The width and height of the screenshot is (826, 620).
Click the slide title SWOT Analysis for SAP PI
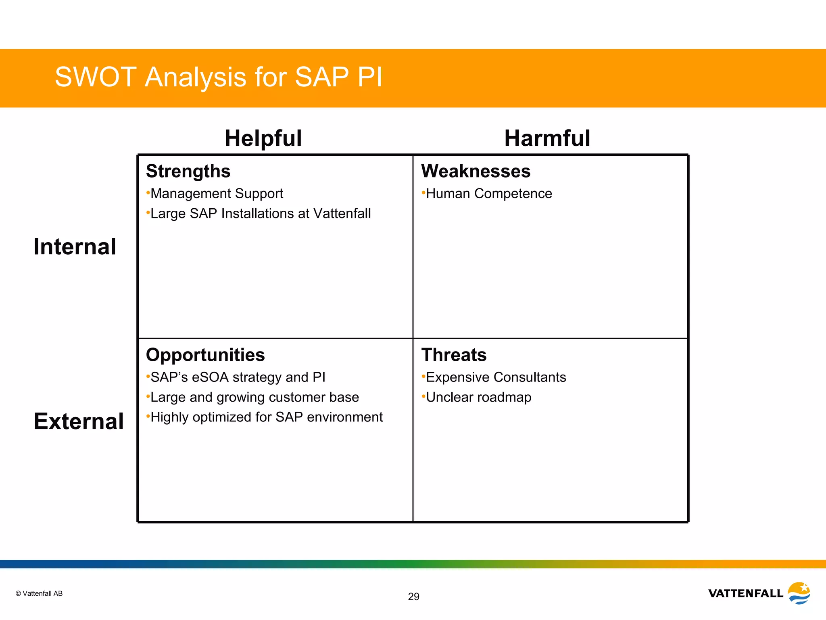[x=218, y=77]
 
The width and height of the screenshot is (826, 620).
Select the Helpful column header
[x=263, y=138]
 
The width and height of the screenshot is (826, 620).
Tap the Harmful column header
[x=547, y=138]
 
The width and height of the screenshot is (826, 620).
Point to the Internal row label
[x=75, y=247]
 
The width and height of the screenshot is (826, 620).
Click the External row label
[x=79, y=421]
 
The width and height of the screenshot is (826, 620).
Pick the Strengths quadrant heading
[x=188, y=171]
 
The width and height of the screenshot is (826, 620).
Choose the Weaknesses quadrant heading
[x=476, y=171]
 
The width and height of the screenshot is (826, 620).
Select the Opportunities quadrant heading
[x=205, y=355]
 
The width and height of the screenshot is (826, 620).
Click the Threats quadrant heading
[x=454, y=355]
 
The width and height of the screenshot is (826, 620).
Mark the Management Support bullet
[x=217, y=194]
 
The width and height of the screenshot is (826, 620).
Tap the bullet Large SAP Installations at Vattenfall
[x=260, y=214]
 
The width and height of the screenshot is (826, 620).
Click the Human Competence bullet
[x=488, y=194]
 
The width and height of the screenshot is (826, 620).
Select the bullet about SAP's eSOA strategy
[x=238, y=377]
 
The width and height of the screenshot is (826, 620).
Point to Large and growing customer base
[x=254, y=397]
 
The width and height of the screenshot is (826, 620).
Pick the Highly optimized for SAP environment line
[x=266, y=417]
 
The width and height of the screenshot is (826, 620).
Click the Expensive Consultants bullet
[x=496, y=377]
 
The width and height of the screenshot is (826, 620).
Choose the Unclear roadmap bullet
[x=478, y=397]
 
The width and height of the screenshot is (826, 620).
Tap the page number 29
[x=413, y=597]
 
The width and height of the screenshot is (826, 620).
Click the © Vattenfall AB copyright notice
[x=39, y=593]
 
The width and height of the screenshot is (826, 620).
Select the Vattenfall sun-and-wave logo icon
[x=799, y=593]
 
